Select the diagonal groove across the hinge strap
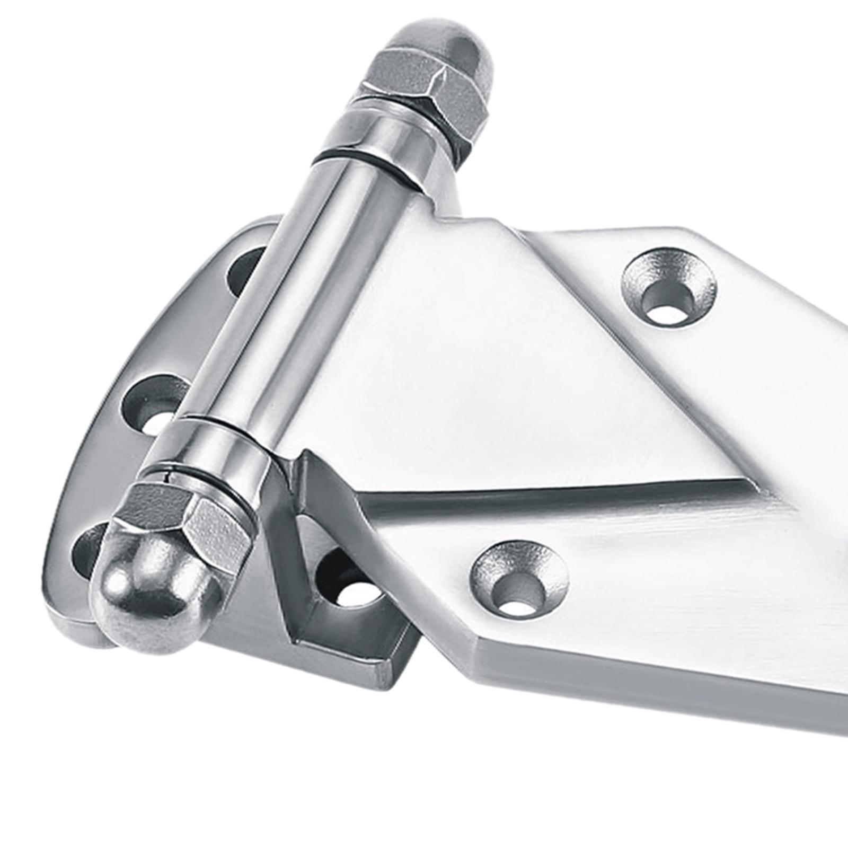556,493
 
